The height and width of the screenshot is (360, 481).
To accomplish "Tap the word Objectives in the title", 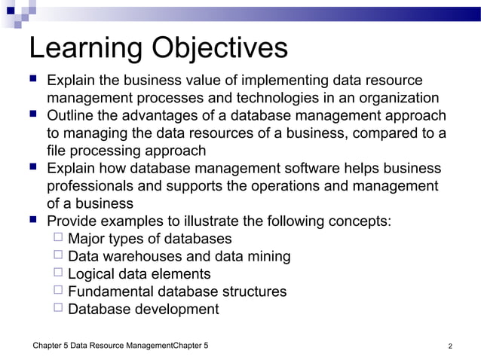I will tap(219, 49).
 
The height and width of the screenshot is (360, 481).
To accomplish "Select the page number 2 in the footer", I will tap(450, 346).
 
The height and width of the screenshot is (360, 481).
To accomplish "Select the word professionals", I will tap(91, 186).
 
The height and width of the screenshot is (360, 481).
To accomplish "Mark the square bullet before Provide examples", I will tap(33, 221).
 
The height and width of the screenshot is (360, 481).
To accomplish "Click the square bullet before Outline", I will tap(33, 115).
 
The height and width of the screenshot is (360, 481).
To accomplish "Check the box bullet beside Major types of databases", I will tap(58, 239).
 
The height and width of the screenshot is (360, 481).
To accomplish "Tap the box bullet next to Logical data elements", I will tap(58, 273).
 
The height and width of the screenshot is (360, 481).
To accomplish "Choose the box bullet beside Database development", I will tap(58, 309).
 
